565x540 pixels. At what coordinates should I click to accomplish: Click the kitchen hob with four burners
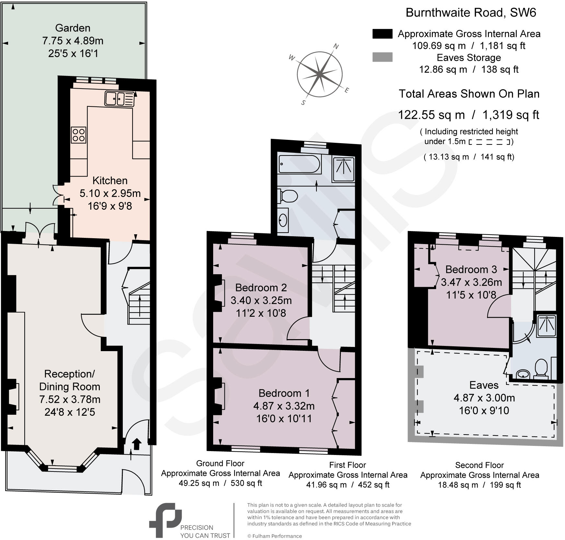pos(78,135)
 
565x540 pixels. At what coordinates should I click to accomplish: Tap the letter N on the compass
pos(336,46)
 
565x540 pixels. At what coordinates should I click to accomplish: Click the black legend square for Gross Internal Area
pos(382,34)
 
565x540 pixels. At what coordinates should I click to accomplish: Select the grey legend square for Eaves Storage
pos(382,57)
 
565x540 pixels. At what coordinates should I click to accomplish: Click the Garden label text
pos(73,28)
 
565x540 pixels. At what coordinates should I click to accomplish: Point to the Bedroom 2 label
pos(261,288)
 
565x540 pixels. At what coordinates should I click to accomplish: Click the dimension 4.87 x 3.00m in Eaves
pos(484,398)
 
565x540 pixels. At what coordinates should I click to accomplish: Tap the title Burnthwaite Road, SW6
pos(471,13)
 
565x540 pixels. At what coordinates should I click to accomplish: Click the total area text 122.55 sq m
pos(431,115)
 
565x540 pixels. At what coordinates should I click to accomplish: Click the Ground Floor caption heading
pos(220,463)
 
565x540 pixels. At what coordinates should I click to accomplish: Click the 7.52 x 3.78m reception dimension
pos(70,399)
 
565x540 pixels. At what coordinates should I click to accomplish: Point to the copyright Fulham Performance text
pos(274,536)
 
